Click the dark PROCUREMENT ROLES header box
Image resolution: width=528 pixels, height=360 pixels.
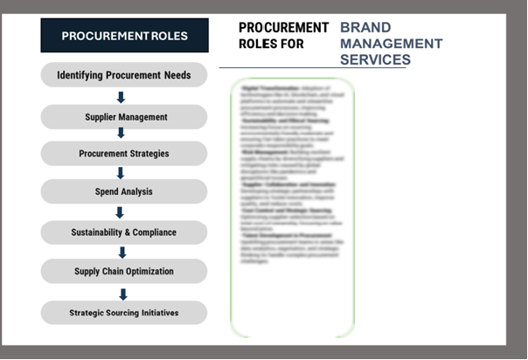(x=124, y=36)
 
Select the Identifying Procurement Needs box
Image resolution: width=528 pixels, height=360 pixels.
(x=123, y=75)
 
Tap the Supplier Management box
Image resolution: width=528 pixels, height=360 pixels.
(x=123, y=117)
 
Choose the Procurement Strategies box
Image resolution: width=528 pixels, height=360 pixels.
(x=123, y=154)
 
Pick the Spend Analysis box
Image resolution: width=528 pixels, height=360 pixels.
(x=123, y=191)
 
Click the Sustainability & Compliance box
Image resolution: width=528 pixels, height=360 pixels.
(x=123, y=232)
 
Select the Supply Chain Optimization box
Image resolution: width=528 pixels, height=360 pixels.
(x=123, y=272)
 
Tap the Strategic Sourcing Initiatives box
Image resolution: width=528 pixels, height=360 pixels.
(x=123, y=313)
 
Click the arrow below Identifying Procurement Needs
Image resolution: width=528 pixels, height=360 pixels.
(x=122, y=97)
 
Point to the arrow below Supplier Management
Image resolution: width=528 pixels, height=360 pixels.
(x=122, y=134)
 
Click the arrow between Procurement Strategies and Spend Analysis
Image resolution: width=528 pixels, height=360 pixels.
(x=122, y=173)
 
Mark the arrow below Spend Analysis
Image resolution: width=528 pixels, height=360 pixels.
(x=121, y=212)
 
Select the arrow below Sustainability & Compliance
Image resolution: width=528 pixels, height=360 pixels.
(x=122, y=252)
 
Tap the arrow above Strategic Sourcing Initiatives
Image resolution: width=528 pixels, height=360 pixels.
(x=122, y=294)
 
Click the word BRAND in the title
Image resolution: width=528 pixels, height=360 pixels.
(x=365, y=28)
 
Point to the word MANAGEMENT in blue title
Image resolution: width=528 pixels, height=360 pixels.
(x=391, y=44)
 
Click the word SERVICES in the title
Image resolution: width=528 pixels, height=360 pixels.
(x=375, y=59)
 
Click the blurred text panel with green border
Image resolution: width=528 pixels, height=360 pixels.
(x=293, y=208)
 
